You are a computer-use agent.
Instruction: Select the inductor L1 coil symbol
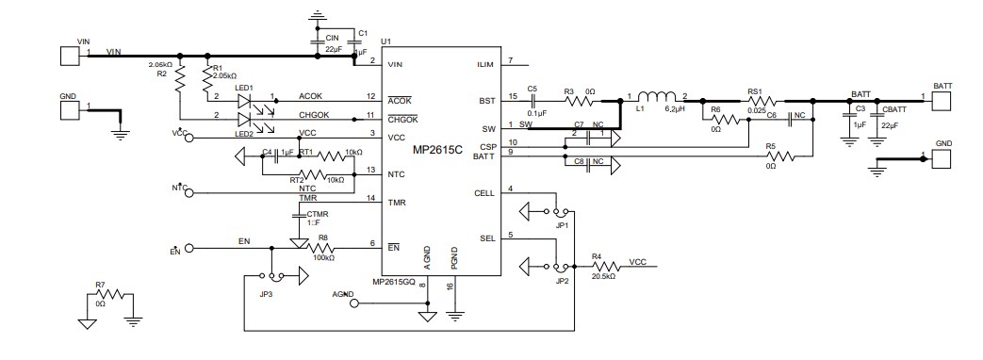click(657, 97)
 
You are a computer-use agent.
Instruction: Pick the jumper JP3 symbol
click(272, 276)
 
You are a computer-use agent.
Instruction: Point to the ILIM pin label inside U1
click(486, 64)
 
